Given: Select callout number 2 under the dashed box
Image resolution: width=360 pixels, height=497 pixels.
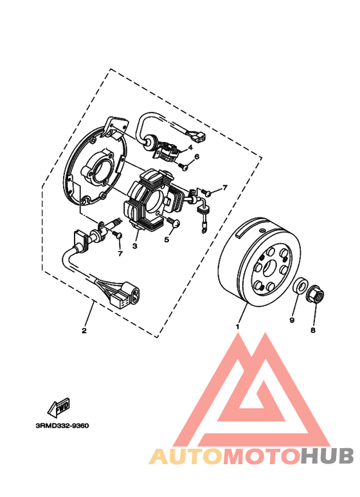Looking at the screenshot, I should click(x=84, y=331).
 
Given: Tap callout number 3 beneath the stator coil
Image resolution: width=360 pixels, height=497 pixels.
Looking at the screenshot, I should click(x=135, y=246).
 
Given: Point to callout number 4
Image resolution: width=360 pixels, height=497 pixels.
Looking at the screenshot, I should click(x=190, y=147).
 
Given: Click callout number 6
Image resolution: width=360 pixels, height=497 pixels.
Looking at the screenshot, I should click(x=197, y=156).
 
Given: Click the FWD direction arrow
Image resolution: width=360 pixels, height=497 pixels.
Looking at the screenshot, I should click(x=60, y=408).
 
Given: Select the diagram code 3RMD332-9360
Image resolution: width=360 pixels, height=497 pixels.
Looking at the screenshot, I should click(x=62, y=425).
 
